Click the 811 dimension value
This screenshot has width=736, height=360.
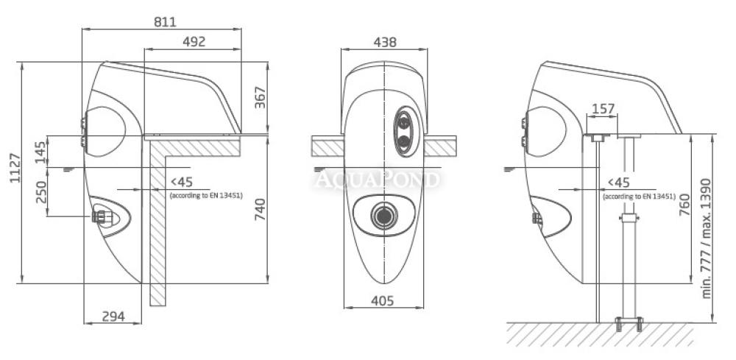click(x=165, y=21)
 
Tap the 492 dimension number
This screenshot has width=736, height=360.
click(x=194, y=42)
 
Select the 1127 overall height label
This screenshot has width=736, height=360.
click(x=15, y=168)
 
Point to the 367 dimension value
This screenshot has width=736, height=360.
click(x=260, y=98)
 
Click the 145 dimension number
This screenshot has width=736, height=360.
click(x=41, y=152)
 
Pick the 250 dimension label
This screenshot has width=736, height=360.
click(x=41, y=192)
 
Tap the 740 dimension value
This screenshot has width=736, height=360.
click(x=260, y=209)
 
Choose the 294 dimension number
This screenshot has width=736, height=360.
click(x=113, y=317)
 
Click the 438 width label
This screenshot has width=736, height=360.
click(x=385, y=42)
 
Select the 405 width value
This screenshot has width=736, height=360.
click(x=382, y=301)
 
